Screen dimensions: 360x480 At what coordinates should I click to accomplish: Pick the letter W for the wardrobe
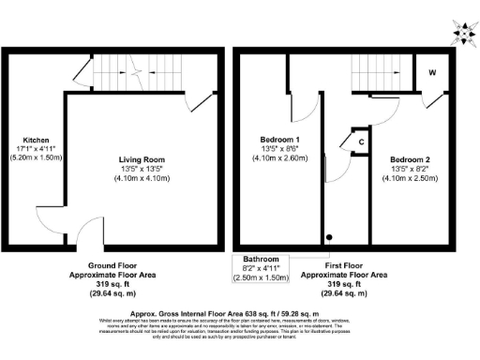click(x=432, y=72)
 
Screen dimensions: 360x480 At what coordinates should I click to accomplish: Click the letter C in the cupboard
click(x=361, y=142)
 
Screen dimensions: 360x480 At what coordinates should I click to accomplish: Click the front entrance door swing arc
click(x=90, y=229)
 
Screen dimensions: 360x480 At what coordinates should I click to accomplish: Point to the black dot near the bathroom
click(x=329, y=238)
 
